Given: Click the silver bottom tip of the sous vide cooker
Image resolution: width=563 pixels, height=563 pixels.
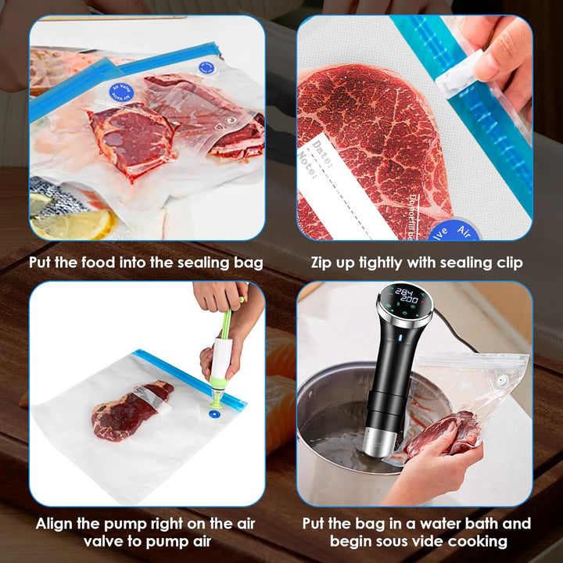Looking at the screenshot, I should [x=378, y=442].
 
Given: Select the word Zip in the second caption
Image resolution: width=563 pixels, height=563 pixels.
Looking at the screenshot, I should [x=324, y=263].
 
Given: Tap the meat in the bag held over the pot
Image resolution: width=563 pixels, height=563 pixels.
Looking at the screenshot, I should [x=445, y=434].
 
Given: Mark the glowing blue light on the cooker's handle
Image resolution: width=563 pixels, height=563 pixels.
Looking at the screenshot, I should [x=398, y=339].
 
